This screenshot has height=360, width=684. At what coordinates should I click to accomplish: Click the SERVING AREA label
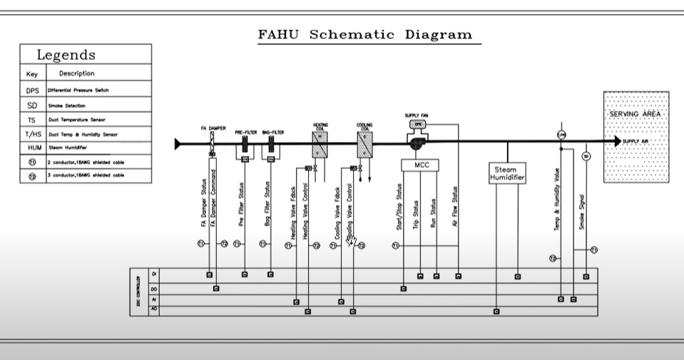(x=635, y=114)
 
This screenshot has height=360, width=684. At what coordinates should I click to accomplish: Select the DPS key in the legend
(x=32, y=91)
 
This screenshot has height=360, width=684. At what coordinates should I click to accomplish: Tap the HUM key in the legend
(x=32, y=148)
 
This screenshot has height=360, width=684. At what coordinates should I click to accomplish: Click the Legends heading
(x=66, y=55)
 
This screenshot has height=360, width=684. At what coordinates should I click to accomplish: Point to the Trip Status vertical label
(x=420, y=212)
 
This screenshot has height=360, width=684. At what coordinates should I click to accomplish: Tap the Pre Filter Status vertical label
(x=244, y=207)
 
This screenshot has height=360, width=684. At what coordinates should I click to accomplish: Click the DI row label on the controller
(x=153, y=274)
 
